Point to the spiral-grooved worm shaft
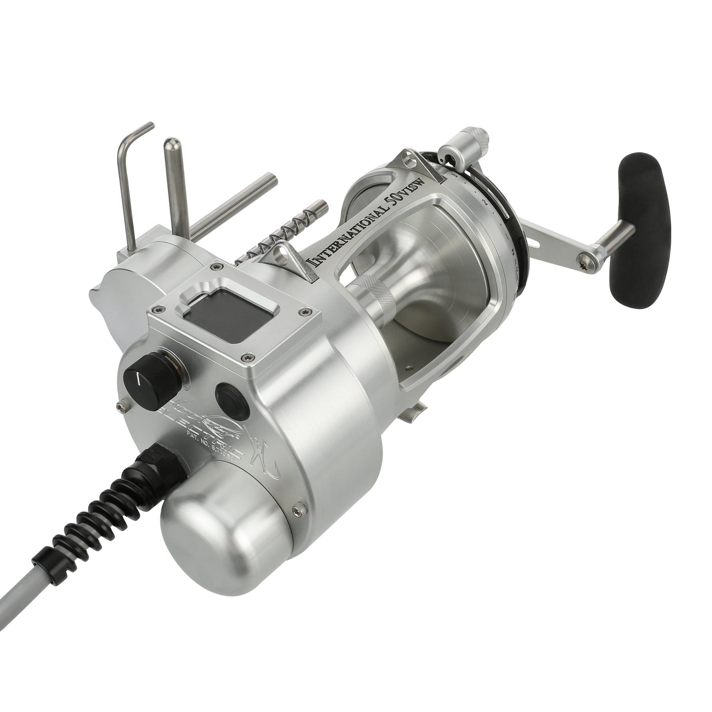pos(282,230)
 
